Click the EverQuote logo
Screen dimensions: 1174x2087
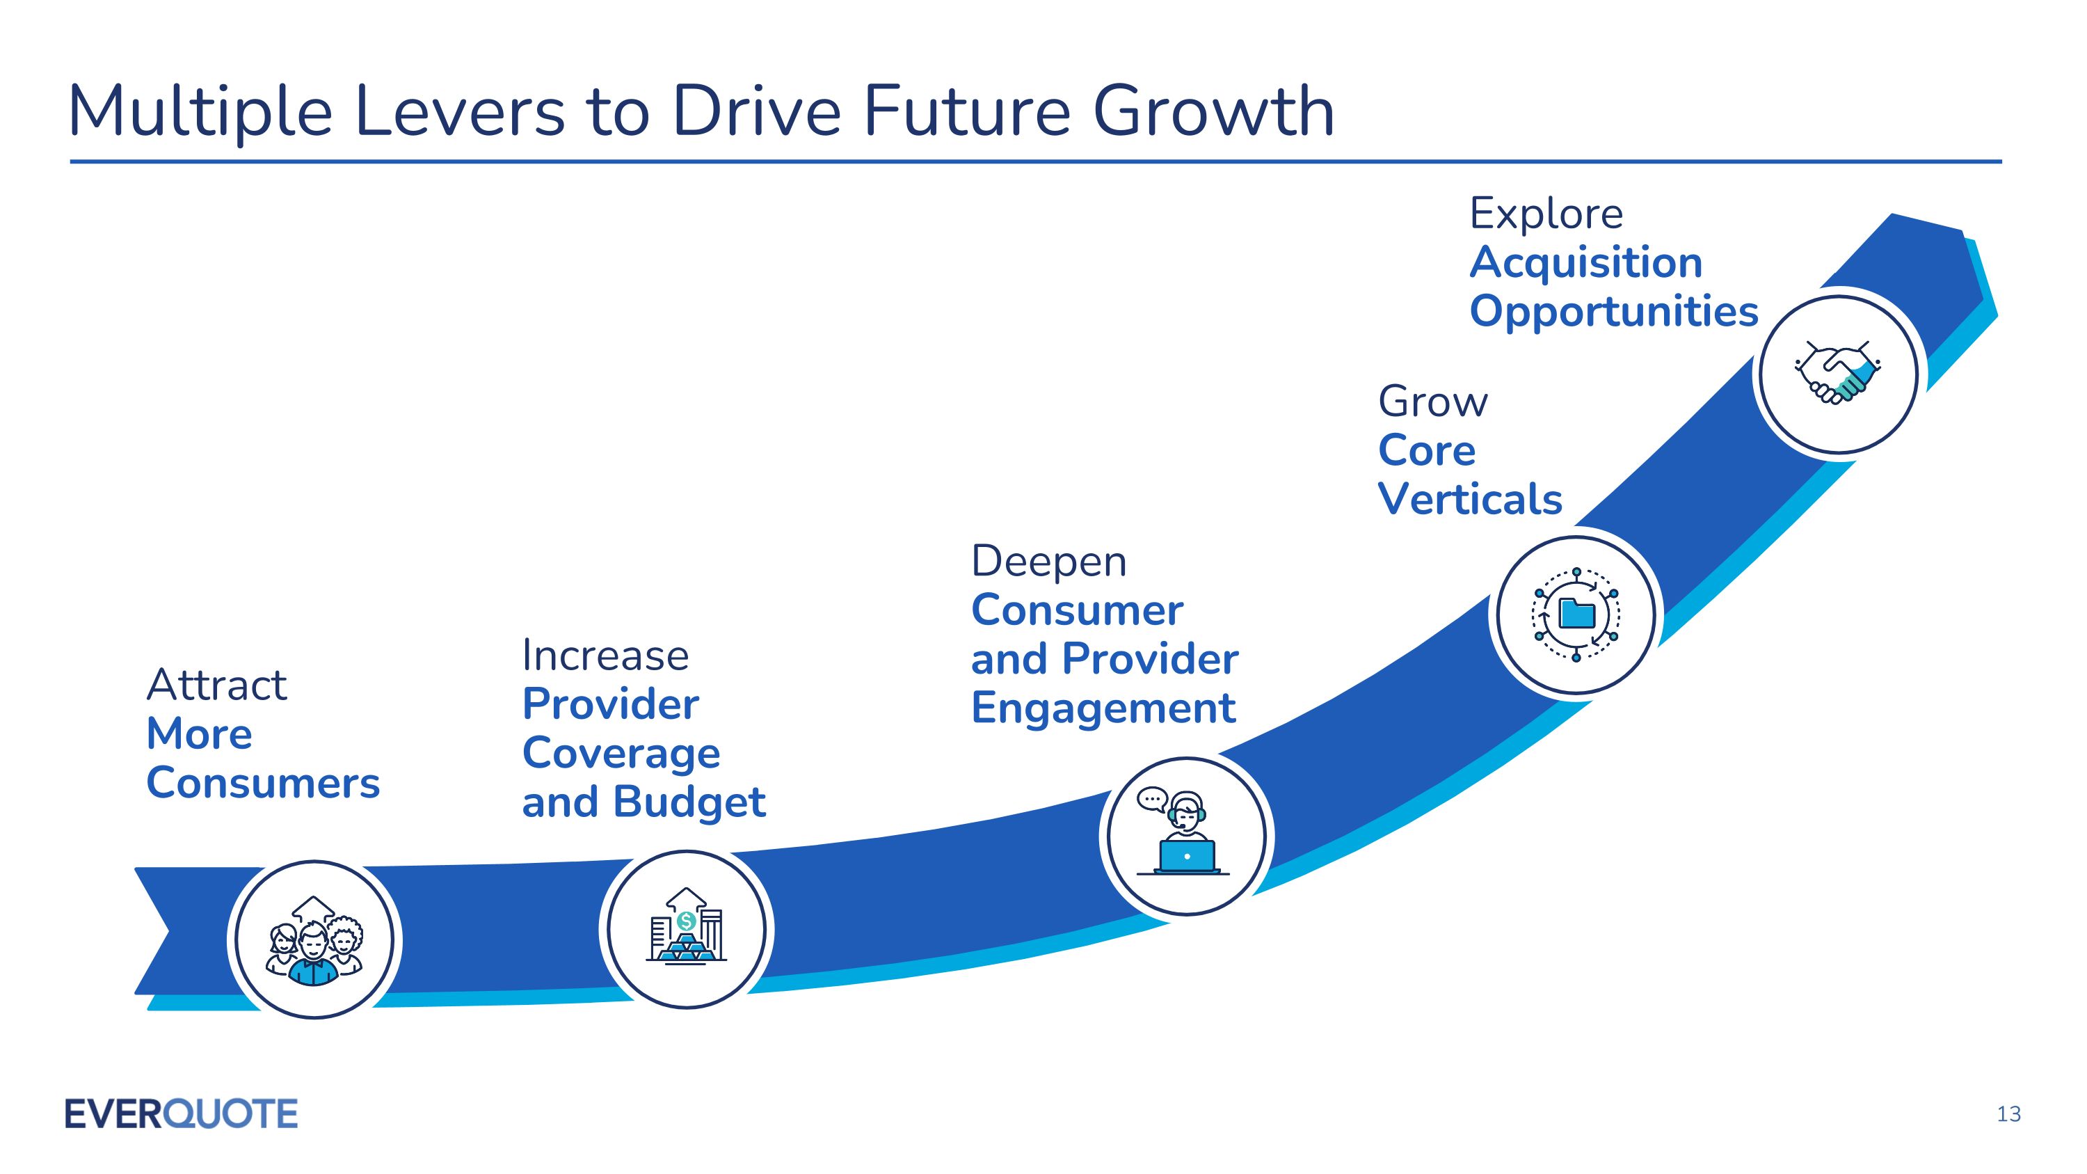tap(182, 1113)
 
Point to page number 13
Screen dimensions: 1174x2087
tap(2009, 1115)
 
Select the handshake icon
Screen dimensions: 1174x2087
tap(1837, 374)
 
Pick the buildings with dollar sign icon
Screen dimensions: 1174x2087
tap(686, 928)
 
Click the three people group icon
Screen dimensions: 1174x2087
tap(314, 940)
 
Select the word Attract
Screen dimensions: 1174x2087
tap(216, 685)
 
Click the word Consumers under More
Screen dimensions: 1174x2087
tap(263, 784)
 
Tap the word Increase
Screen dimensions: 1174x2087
tap(605, 656)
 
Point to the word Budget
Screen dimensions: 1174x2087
tap(689, 803)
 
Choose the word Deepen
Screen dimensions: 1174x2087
tap(1048, 562)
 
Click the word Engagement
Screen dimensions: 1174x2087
tap(1103, 708)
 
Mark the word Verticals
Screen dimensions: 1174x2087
tap(1470, 499)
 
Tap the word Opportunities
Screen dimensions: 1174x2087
tap(1614, 312)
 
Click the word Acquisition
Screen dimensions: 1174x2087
tap(1585, 263)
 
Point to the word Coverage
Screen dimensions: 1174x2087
tap(621, 754)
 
